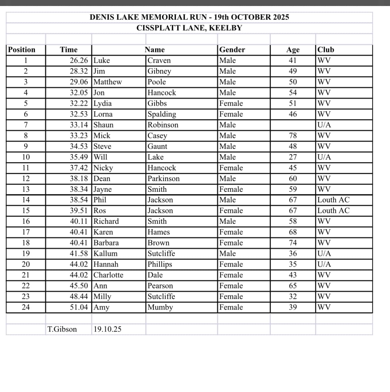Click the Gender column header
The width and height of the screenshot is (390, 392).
point(232,50)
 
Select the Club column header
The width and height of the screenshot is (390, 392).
point(326,50)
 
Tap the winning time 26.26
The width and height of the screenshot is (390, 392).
point(79,60)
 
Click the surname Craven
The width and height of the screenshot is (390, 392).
point(159,60)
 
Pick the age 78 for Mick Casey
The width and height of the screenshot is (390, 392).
point(293,135)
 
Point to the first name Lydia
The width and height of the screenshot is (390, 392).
point(103,103)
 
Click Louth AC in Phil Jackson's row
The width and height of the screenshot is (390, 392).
point(333,200)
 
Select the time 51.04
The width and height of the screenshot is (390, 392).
point(79,307)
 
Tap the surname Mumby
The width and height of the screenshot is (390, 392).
point(160,307)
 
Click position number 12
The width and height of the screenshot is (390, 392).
point(26,178)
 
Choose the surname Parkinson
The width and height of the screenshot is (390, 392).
point(163,178)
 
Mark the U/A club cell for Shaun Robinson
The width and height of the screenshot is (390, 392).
point(324,125)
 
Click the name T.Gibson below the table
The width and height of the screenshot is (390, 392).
point(62,329)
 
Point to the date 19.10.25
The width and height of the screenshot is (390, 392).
point(107,329)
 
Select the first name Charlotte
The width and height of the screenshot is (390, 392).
point(108,275)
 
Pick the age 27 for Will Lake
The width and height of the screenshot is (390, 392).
point(293,157)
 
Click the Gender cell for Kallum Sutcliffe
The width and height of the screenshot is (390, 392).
point(228,254)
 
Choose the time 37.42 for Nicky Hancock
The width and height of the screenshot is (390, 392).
point(79,168)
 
